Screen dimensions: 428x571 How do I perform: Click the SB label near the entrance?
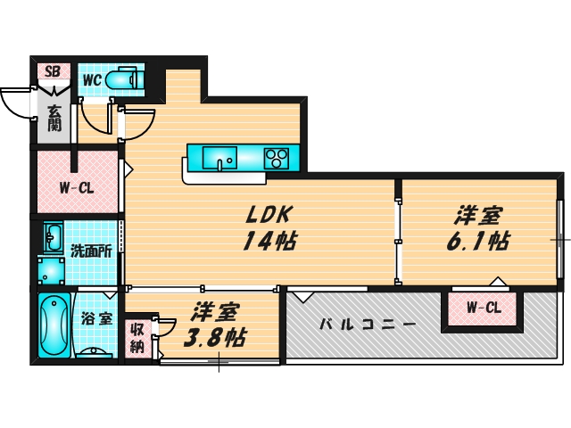pyautogui.click(x=52, y=70)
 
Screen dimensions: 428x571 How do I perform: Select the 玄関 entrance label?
pyautogui.click(x=55, y=119)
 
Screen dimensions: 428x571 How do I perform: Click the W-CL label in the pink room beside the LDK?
pyautogui.click(x=77, y=188)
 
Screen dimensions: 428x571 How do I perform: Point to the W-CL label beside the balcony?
pyautogui.click(x=484, y=309)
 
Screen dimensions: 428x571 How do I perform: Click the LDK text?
pyautogui.click(x=265, y=215)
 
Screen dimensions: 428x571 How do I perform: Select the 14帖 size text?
pyautogui.click(x=267, y=241)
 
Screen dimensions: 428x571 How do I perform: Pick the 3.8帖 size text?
pyautogui.click(x=215, y=340)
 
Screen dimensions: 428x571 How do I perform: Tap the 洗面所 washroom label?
pyautogui.click(x=92, y=251)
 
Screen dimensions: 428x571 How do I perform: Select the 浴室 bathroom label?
pyautogui.click(x=97, y=318)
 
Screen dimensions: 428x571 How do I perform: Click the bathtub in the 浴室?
pyautogui.click(x=54, y=325)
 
